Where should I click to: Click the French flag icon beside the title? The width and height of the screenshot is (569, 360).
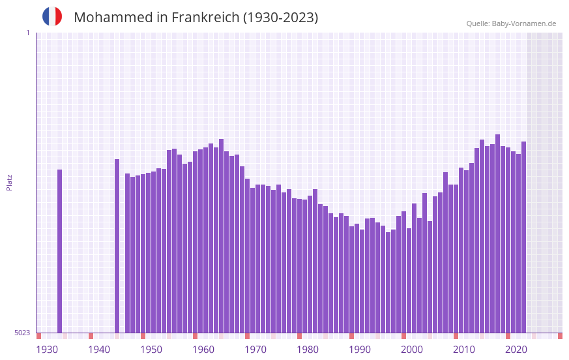click(52, 16)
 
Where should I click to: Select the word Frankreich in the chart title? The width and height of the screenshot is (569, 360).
click(205, 18)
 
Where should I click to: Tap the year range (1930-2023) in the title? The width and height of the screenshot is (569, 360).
click(280, 18)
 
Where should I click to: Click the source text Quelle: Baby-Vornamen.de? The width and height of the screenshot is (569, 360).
click(511, 23)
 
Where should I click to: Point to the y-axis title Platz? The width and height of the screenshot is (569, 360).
click(9, 182)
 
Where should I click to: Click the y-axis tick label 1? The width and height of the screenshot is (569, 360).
click(27, 33)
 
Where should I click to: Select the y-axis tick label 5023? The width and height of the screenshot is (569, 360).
click(22, 333)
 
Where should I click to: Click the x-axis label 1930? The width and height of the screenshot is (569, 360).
click(47, 350)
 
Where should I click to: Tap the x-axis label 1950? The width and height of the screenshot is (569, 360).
click(151, 350)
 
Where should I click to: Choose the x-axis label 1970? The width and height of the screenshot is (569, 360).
click(255, 350)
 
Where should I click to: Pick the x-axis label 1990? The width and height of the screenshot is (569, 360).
click(360, 350)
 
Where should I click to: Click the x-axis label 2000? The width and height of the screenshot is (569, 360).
click(412, 350)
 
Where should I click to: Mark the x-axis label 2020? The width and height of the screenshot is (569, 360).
click(516, 350)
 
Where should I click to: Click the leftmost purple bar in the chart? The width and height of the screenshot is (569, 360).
click(60, 251)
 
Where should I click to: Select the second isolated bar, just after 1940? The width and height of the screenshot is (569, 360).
click(117, 246)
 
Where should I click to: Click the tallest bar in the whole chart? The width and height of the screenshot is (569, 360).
click(498, 233)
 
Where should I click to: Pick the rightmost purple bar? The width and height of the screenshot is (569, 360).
click(523, 237)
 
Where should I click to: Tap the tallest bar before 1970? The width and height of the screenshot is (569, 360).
click(222, 235)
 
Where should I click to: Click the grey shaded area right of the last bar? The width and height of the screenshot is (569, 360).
click(544, 183)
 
